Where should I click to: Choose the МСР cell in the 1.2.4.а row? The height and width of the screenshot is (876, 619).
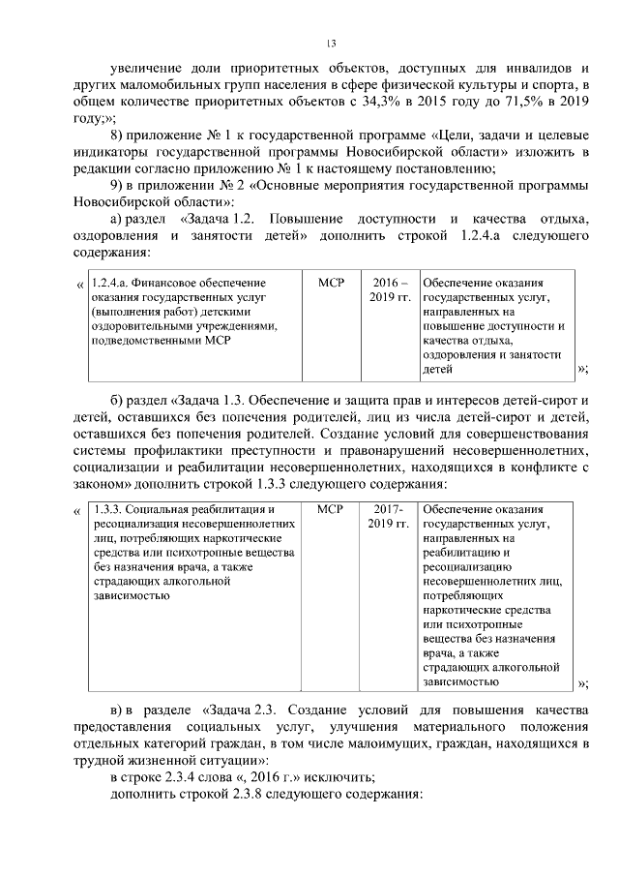click(331, 282)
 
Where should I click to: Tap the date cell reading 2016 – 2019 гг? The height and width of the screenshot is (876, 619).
click(389, 288)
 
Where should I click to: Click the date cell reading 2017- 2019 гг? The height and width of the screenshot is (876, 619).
click(389, 516)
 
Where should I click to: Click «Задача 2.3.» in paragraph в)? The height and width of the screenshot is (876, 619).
click(246, 709)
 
